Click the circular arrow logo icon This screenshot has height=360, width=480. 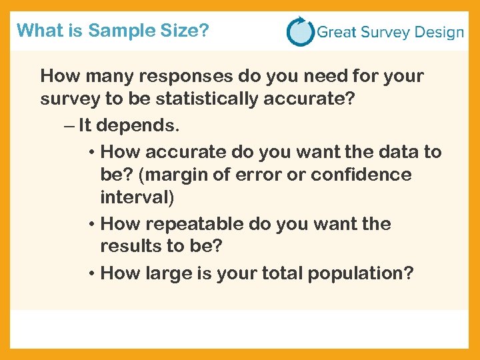coord(299,31)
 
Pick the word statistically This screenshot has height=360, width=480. coord(214,99)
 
